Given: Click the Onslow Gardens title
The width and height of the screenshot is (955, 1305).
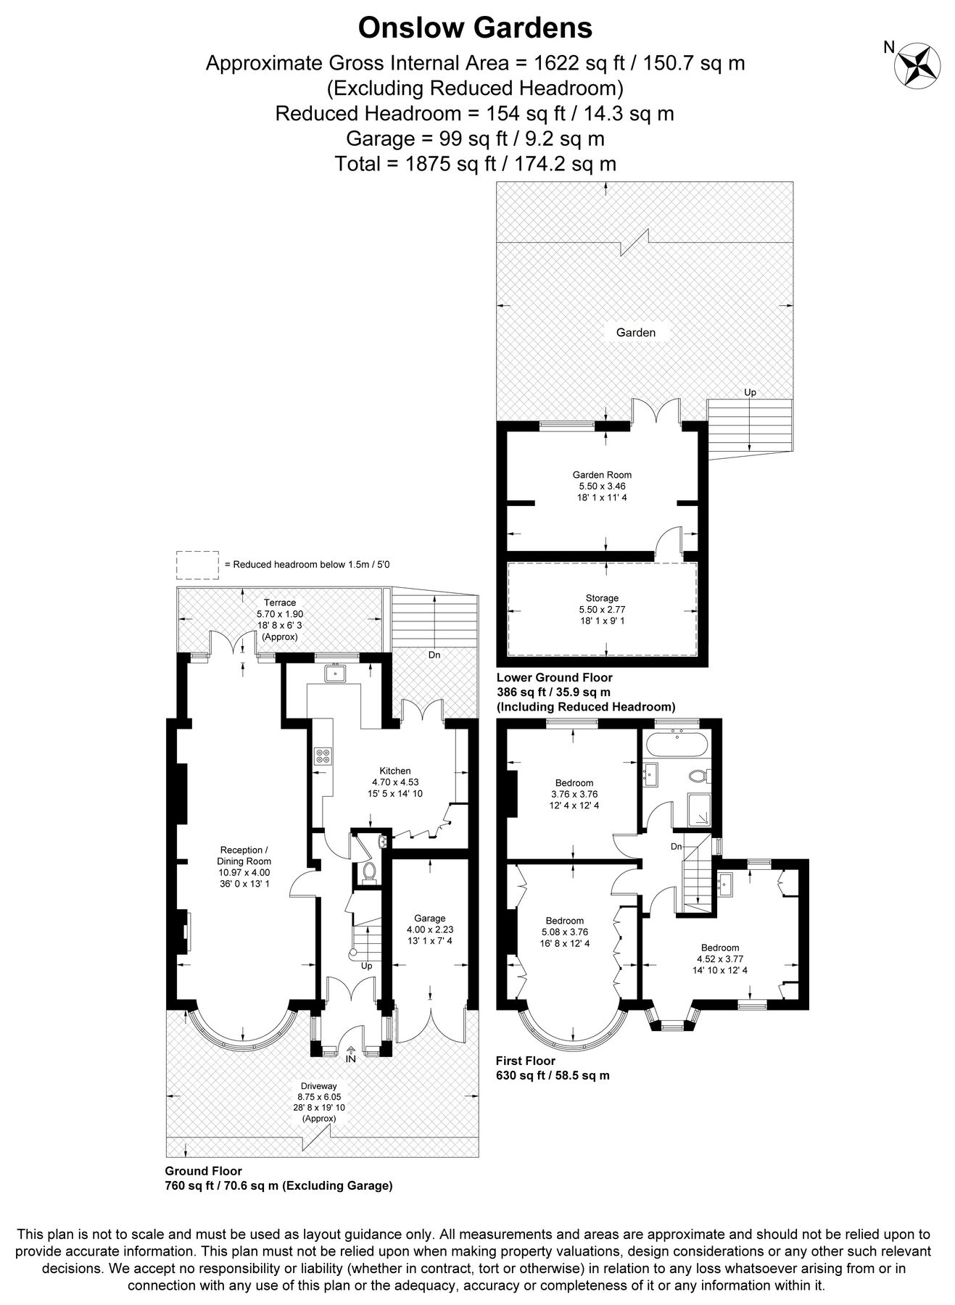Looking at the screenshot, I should click(x=475, y=28).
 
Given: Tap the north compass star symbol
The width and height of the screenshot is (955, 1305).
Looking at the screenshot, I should click(x=917, y=65).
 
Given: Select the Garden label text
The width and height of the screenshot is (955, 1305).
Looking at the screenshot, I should click(x=635, y=333).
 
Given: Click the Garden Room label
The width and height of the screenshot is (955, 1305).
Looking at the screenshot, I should click(x=602, y=475).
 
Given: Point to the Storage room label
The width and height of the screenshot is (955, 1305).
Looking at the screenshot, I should click(x=602, y=598).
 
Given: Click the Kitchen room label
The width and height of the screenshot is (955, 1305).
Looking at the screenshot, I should click(x=395, y=771).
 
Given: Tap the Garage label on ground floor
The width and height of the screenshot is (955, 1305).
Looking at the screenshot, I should click(x=429, y=919).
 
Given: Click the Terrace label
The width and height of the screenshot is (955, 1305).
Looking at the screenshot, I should click(x=280, y=602).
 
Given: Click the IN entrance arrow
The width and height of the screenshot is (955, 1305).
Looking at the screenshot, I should click(x=351, y=1053).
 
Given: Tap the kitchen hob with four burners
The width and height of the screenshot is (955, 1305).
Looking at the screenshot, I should click(x=322, y=756).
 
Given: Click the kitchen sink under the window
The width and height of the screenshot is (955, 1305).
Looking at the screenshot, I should click(x=335, y=674).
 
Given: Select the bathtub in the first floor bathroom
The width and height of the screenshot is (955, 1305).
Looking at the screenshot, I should click(x=677, y=744).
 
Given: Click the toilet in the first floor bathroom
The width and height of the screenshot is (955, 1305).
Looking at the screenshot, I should click(x=698, y=776).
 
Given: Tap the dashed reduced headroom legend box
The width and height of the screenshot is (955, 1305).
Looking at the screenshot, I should click(x=197, y=565).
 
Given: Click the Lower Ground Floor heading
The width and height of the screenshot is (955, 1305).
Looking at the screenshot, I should click(x=554, y=678).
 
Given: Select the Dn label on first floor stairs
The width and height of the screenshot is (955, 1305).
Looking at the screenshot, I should click(x=676, y=846).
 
